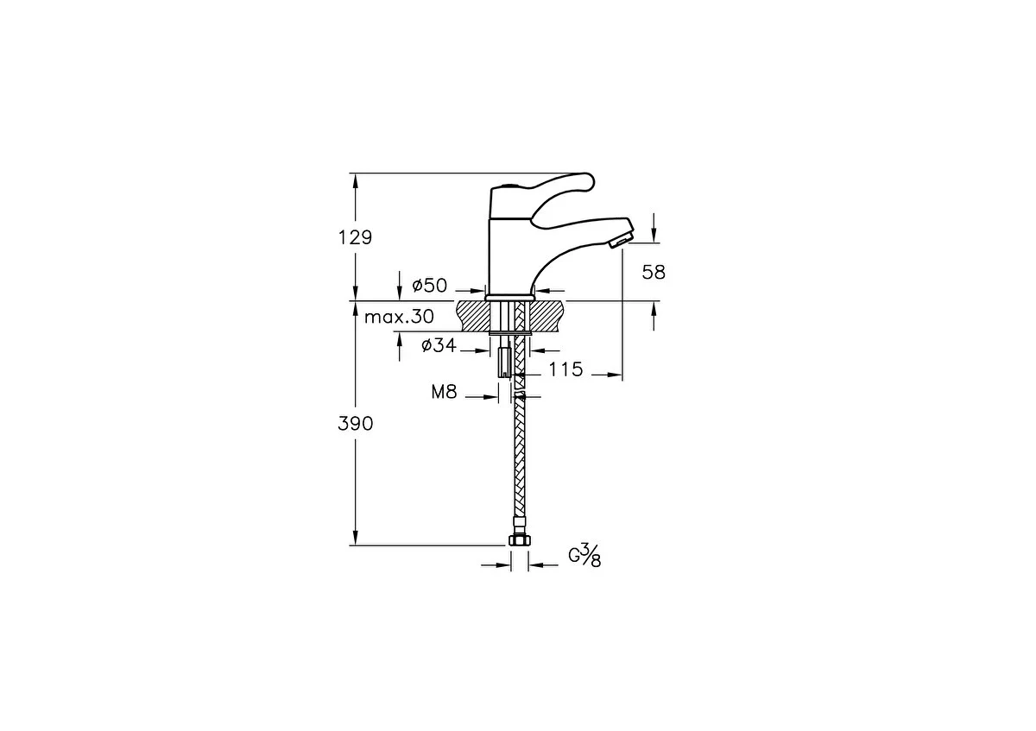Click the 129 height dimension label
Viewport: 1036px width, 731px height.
[355, 237]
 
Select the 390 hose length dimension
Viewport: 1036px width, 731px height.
[355, 424]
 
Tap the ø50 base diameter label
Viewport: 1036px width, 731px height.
[430, 286]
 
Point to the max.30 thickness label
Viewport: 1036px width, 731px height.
[399, 317]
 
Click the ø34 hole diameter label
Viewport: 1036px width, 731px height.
[439, 345]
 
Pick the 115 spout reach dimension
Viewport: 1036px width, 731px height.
[566, 369]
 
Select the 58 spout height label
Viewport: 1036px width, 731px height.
[654, 273]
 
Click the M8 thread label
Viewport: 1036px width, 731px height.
[444, 392]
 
